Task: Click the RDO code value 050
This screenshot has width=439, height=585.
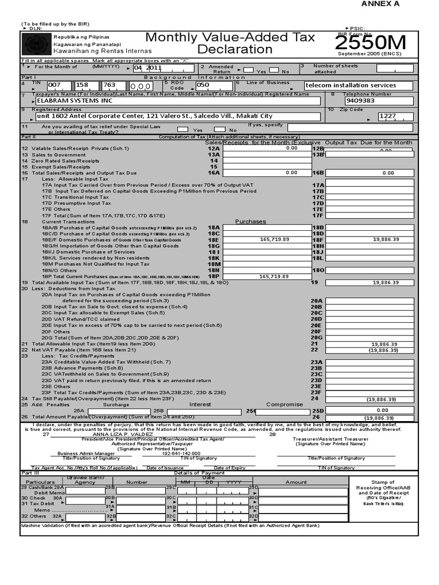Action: pyautogui.click(x=203, y=85)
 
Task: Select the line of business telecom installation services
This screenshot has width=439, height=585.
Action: pyautogui.click(x=350, y=85)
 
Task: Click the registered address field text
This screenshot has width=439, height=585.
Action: pyautogui.click(x=154, y=115)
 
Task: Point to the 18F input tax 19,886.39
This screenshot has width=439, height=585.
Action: pyautogui.click(x=385, y=240)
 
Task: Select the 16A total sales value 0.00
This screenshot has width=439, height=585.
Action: pyautogui.click(x=292, y=172)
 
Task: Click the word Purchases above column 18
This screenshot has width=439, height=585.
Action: pyautogui.click(x=250, y=221)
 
